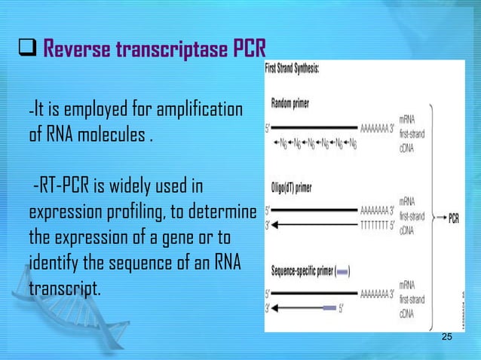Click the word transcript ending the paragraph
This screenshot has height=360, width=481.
tap(64, 288)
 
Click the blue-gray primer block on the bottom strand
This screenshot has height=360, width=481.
tap(329, 307)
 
